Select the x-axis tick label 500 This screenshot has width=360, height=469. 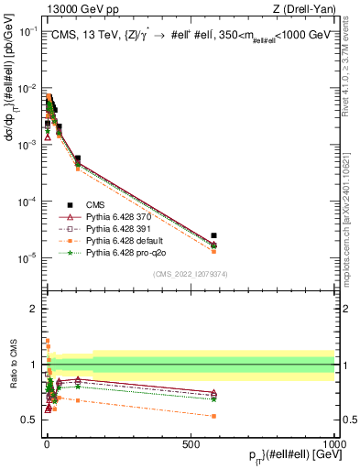click(190, 443)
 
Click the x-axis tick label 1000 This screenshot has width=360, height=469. click(333, 443)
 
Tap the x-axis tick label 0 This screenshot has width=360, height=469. click(46, 443)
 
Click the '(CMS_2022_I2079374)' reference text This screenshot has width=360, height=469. click(190, 272)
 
